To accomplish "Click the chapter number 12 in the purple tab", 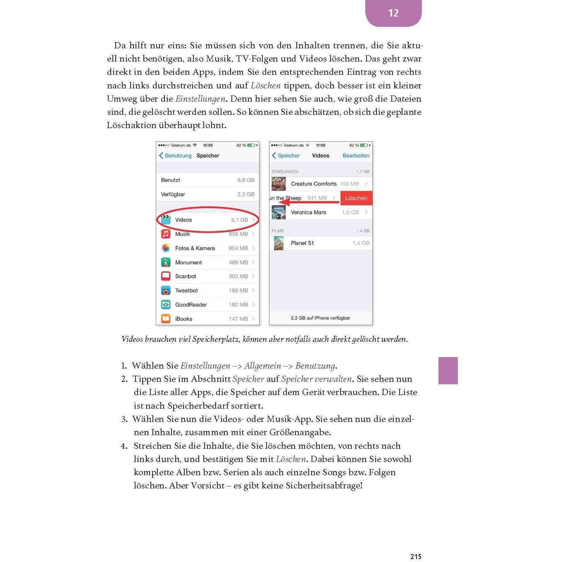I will coord(393,13).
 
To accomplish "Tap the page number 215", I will coord(416,557).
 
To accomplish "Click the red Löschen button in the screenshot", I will coord(356,198).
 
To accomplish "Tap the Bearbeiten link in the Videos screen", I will coord(356,156).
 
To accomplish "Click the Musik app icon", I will coord(166,234).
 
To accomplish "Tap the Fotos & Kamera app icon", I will coord(166,248).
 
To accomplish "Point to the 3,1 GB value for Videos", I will coord(239,220).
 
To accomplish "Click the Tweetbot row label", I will coord(186,291).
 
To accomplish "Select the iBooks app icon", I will coord(166,319).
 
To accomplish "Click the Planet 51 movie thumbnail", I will coord(279,243).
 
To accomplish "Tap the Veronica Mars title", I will coord(308,212).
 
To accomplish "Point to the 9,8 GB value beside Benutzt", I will coord(246,180).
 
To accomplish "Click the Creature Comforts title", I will coord(314,184).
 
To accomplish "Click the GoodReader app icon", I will coord(166,305).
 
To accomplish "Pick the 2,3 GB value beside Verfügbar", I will coord(246,194).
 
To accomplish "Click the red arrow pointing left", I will coord(308,202).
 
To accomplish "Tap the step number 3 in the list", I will coord(124,419).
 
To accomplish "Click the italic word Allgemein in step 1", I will coord(262,366).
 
